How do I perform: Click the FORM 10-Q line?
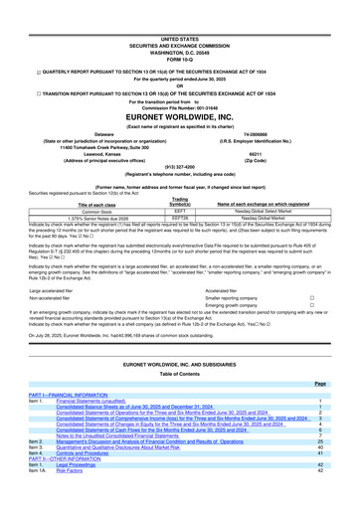(x=180, y=32)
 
